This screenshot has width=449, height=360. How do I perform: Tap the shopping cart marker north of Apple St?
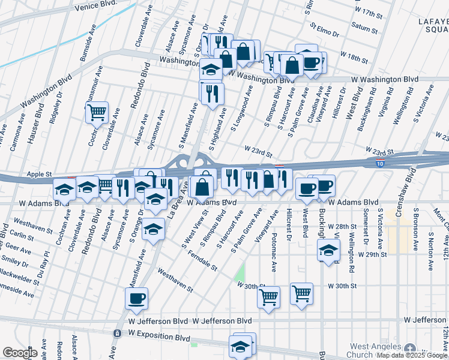coord(97,112)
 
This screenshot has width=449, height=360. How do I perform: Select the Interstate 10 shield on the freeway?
coord(380,163)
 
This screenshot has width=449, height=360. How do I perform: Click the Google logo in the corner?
coord(20,353)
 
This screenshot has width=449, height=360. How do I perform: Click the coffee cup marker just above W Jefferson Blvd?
coord(137,298)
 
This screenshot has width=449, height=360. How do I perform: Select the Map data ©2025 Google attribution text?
coord(412,356)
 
